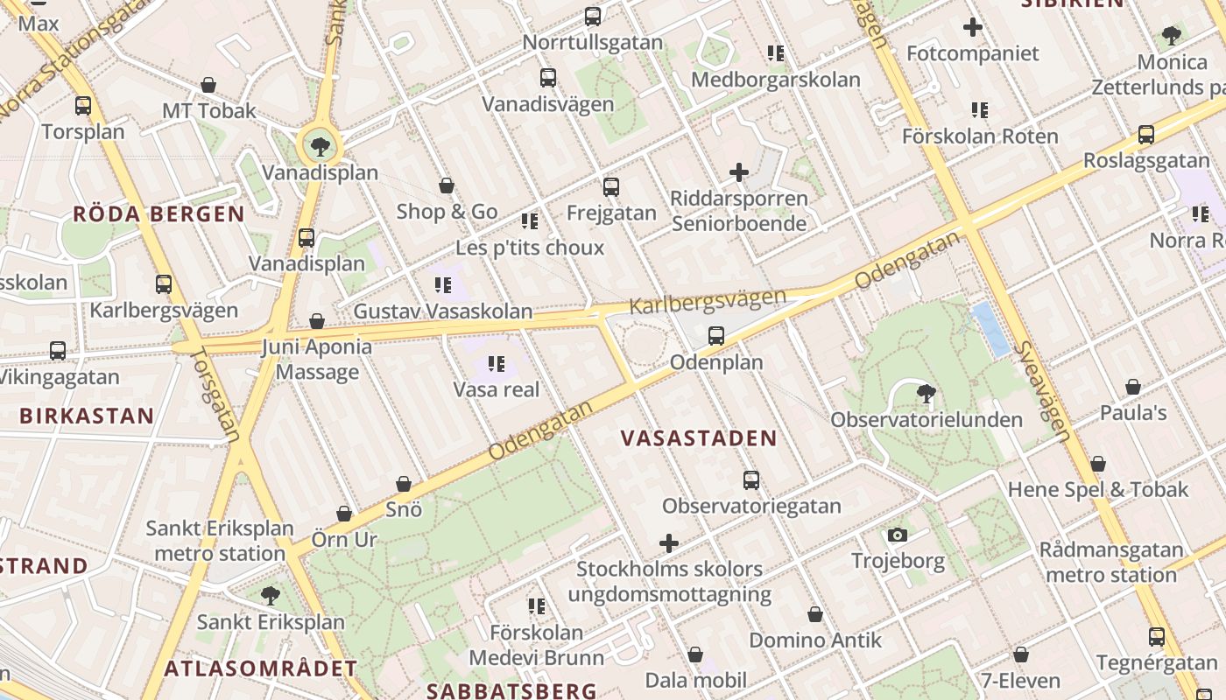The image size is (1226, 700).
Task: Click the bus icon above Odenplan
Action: pyautogui.click(x=716, y=335)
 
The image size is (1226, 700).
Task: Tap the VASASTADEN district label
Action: pyautogui.click(x=699, y=438)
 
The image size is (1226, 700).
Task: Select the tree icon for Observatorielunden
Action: pyautogui.click(x=926, y=392)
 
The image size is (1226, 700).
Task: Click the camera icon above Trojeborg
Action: pyautogui.click(x=897, y=535)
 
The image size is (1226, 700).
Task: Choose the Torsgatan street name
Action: pyautogui.click(x=215, y=395)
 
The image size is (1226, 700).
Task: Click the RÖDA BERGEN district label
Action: pyautogui.click(x=159, y=214)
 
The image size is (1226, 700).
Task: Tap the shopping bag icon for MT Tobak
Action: pyautogui.click(x=208, y=85)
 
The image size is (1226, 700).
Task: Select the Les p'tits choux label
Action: pyautogui.click(x=530, y=248)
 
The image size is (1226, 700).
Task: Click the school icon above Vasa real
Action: pyautogui.click(x=497, y=363)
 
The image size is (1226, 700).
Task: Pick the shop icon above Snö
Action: pyautogui.click(x=404, y=484)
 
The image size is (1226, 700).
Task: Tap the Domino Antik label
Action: pyautogui.click(x=815, y=640)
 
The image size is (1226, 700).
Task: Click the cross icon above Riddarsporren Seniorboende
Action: pyautogui.click(x=739, y=172)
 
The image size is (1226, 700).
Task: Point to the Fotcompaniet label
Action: pyautogui.click(x=972, y=53)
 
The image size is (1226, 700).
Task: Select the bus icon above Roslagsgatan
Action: pyautogui.click(x=1145, y=135)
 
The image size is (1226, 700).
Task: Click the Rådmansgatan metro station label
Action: pyautogui.click(x=1111, y=563)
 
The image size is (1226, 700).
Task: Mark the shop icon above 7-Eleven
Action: pyautogui.click(x=1020, y=654)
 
